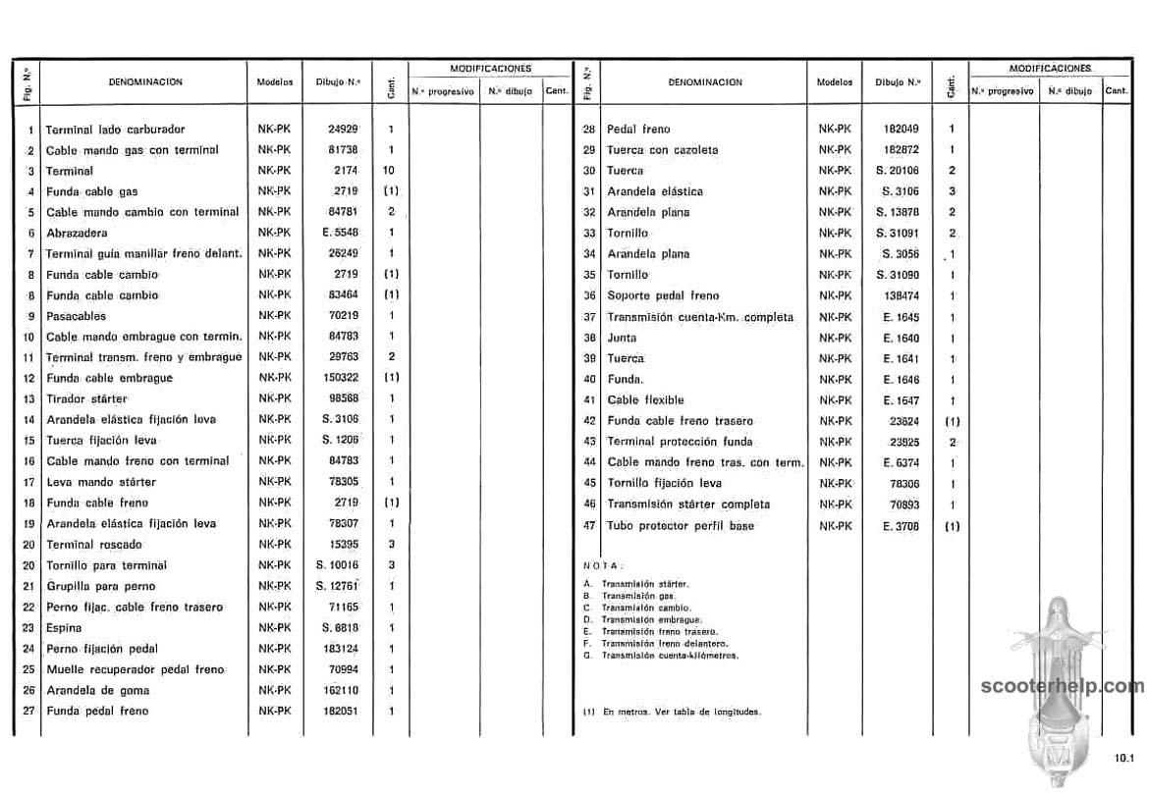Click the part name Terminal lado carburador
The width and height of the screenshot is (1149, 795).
(115, 130)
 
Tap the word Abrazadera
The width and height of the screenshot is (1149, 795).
(77, 234)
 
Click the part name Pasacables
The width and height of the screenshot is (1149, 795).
(76, 316)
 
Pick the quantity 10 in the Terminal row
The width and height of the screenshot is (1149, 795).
(390, 171)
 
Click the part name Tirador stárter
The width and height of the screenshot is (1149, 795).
(86, 399)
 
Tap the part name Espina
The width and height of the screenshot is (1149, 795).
(64, 628)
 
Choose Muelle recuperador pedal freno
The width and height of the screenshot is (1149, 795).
(135, 669)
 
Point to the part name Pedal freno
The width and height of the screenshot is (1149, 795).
(638, 130)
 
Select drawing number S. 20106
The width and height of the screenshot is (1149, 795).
(898, 171)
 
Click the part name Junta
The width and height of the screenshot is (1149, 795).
(622, 338)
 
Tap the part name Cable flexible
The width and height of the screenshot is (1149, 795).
(645, 400)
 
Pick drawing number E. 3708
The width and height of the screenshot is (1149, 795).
(901, 526)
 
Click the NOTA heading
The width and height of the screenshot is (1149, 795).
(603, 565)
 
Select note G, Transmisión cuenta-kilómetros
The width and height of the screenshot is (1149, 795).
(668, 655)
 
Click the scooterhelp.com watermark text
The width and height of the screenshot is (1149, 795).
(1063, 686)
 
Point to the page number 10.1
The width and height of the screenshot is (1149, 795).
(1123, 757)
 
